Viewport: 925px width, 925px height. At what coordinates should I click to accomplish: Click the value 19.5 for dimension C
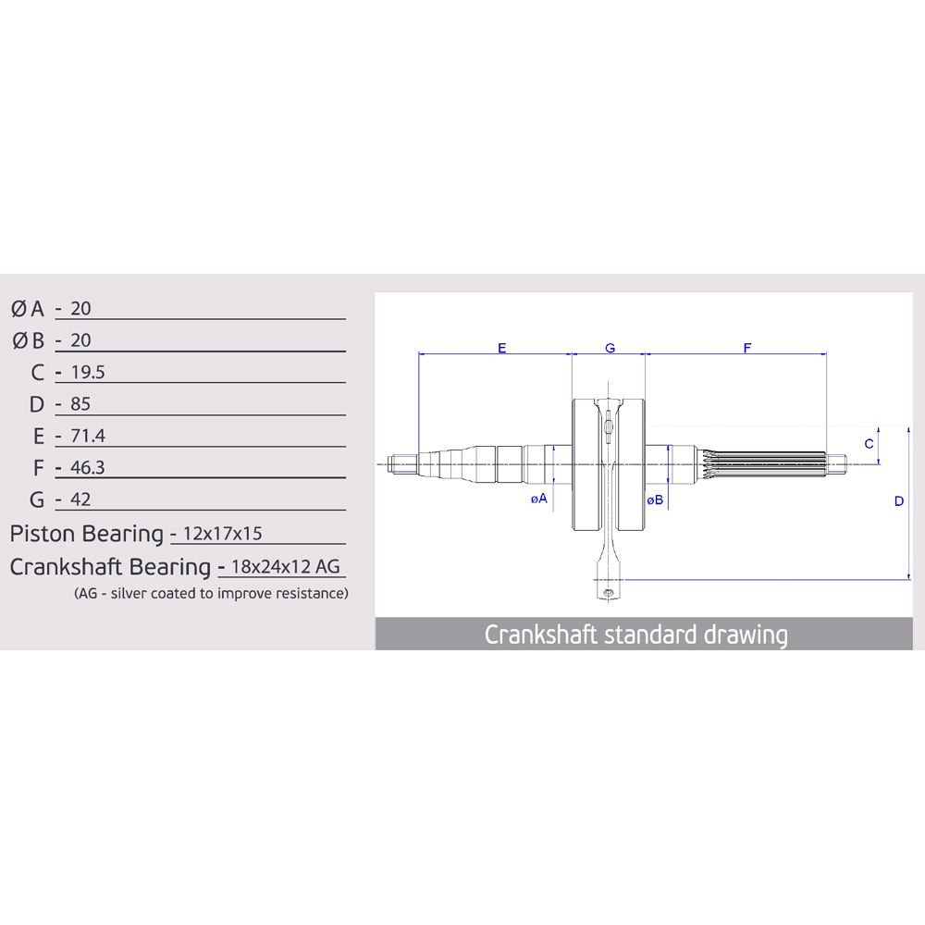click(x=87, y=372)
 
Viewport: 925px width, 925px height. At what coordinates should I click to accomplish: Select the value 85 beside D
click(x=80, y=404)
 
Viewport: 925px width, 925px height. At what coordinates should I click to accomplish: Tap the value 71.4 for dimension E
click(x=87, y=436)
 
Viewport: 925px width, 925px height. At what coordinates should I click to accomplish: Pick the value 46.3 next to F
click(x=87, y=468)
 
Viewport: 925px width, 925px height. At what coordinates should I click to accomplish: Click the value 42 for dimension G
click(x=80, y=499)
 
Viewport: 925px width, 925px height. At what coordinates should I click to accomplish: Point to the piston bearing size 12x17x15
click(x=222, y=534)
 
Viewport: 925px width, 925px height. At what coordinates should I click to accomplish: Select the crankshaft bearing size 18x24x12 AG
click(x=286, y=567)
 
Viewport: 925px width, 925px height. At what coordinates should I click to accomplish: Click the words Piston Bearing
click(x=87, y=535)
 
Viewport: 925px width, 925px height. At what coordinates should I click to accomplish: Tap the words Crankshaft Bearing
click(x=110, y=568)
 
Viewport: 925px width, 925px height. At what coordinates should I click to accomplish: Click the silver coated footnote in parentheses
click(x=211, y=594)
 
